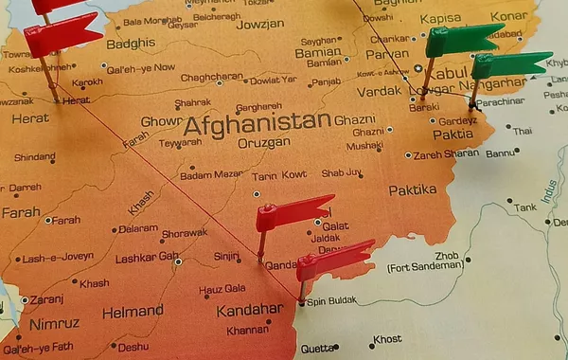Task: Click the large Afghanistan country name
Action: click(257, 122)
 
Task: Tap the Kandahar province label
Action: click(249, 310)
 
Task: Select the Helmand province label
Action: click(133, 311)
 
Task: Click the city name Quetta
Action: click(317, 348)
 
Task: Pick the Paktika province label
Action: click(413, 189)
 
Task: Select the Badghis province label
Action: click(130, 44)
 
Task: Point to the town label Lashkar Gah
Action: click(147, 256)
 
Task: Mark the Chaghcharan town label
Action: click(212, 77)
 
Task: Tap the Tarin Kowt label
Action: click(279, 175)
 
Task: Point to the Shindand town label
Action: click(34, 157)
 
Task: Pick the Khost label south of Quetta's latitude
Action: click(387, 339)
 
